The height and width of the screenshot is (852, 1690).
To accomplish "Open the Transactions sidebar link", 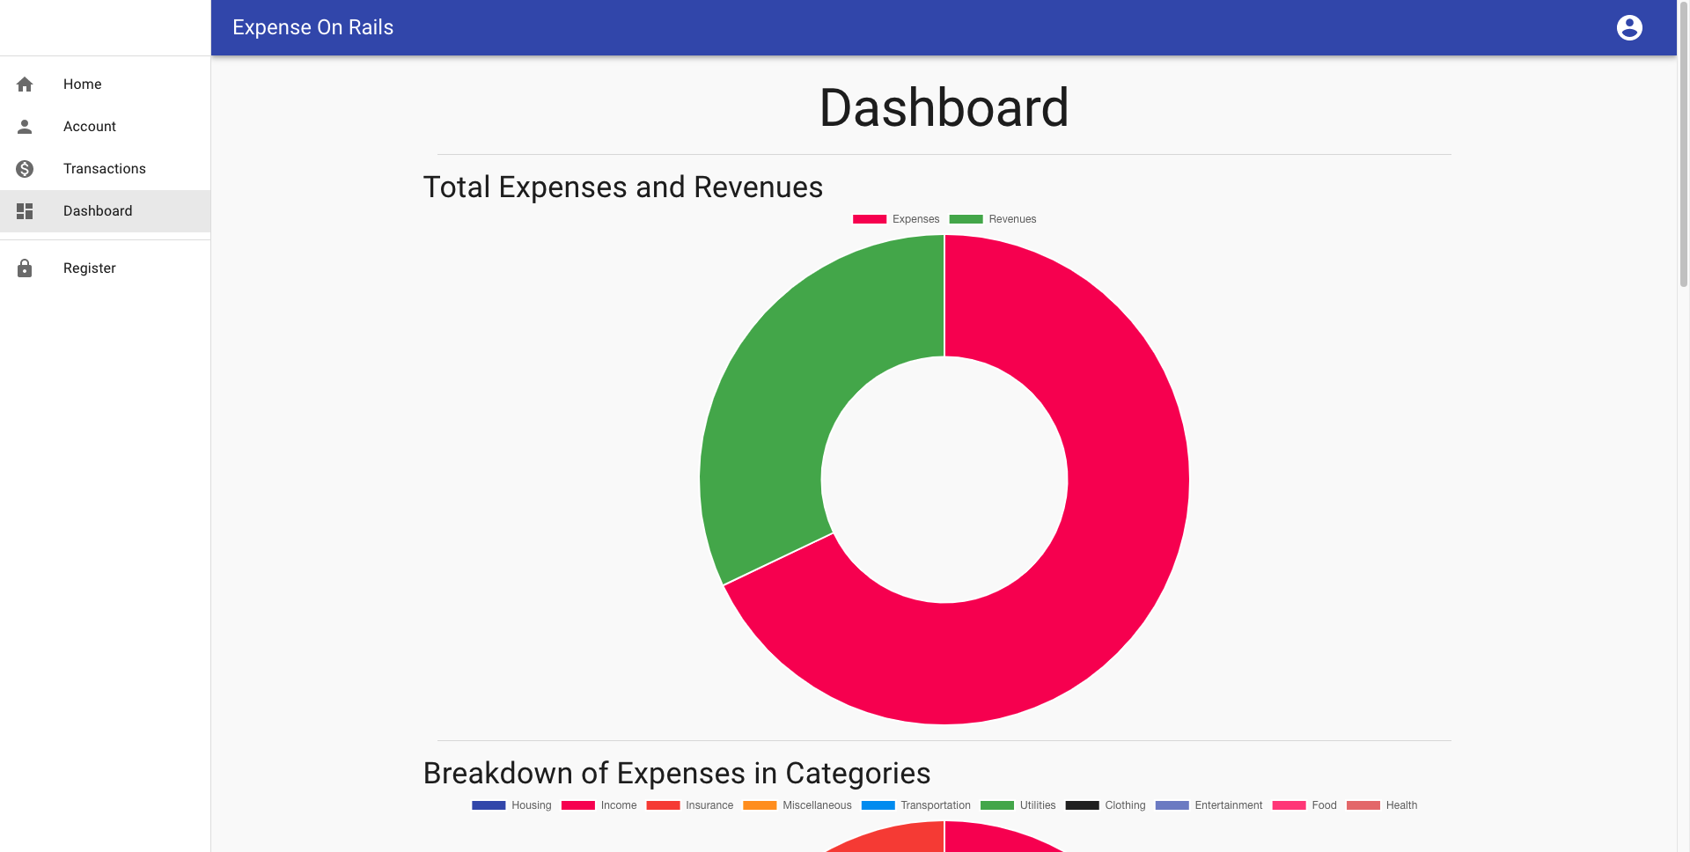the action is pos(104,169).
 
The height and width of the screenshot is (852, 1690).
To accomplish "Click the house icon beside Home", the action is pos(25,84).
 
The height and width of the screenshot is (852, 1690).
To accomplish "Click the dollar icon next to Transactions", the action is pos(25,169).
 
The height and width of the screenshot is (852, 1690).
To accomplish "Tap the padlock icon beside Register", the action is pos(25,268).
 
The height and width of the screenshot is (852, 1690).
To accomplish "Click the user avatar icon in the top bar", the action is pos(1629,28).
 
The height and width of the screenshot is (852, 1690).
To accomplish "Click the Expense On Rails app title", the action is pos(312,28).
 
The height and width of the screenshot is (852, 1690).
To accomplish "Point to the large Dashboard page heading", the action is pos(944,108).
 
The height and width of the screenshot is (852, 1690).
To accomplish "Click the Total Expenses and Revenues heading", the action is pos(622,187).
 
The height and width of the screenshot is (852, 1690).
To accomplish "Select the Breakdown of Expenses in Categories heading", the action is pos(676,774).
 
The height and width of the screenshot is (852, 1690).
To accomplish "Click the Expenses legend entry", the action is pos(896,219).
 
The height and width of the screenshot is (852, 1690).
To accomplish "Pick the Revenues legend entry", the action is pos(993,219).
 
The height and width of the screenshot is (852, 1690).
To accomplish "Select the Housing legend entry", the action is pos(511,805).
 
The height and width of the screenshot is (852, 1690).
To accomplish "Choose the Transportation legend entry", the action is pos(915,805).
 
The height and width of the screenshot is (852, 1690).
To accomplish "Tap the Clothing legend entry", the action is pos(1105,805).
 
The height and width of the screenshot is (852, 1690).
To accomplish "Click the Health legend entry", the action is pos(1382,805).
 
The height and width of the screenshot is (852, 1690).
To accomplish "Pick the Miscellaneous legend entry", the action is pos(797,805).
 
